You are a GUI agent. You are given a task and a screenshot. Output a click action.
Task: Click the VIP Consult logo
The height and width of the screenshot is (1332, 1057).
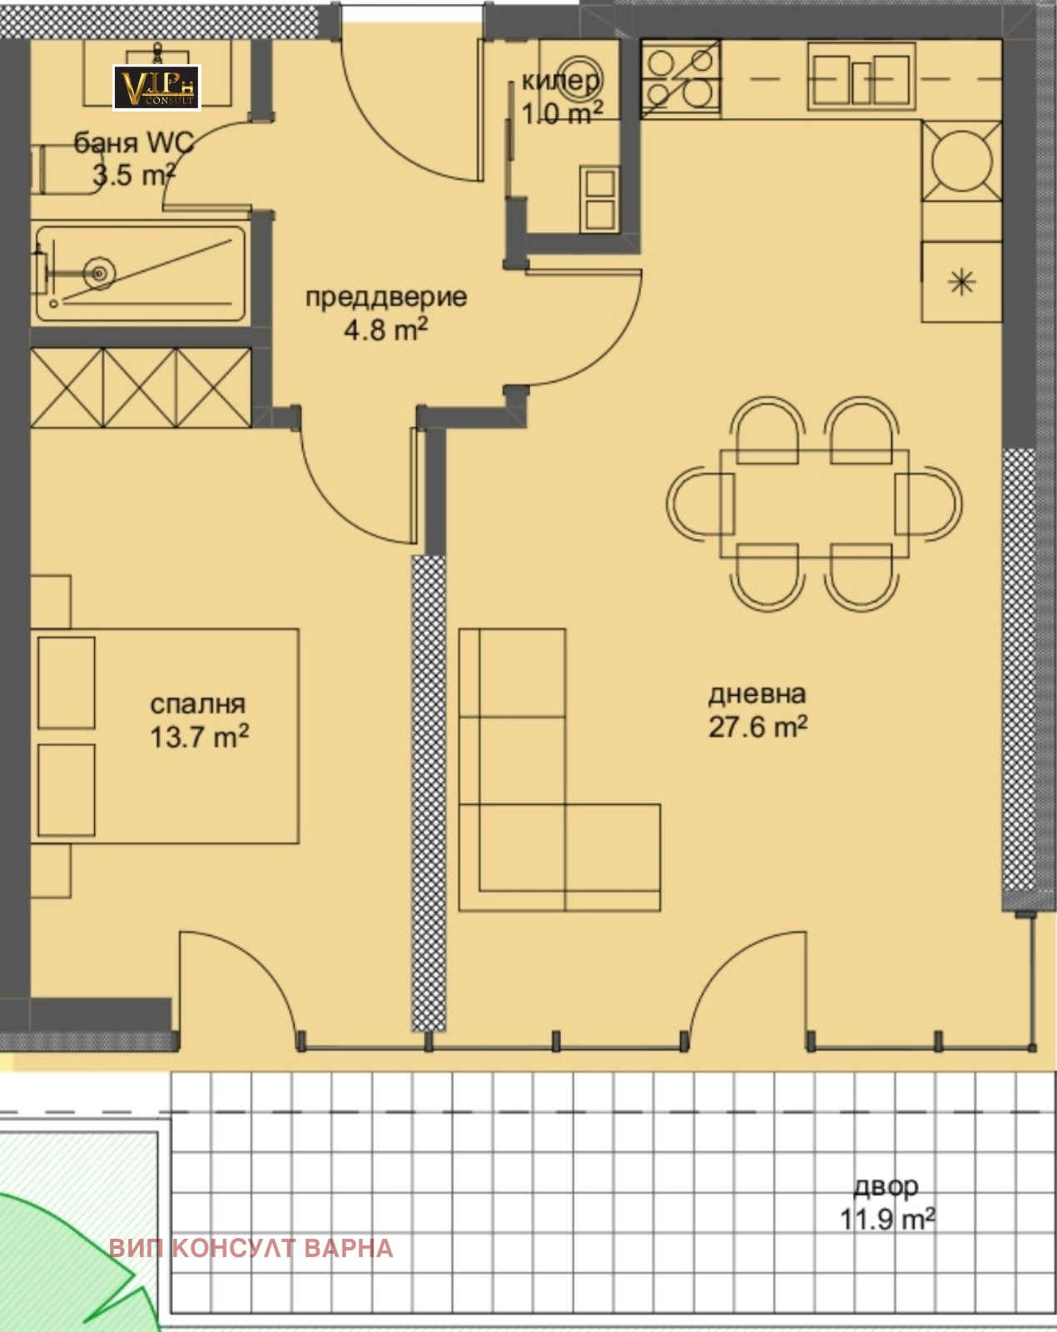click(x=156, y=88)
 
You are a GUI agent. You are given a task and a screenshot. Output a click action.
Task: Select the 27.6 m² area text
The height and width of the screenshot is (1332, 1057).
click(x=758, y=727)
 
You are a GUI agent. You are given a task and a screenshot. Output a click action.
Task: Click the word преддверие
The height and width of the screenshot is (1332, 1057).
click(x=386, y=298)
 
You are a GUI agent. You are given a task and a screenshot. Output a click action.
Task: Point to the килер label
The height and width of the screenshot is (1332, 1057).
click(x=561, y=81)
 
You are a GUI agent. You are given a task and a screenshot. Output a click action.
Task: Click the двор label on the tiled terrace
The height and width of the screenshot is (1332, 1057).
click(x=886, y=1186)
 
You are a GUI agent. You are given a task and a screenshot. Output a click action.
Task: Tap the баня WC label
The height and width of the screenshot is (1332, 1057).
click(x=134, y=143)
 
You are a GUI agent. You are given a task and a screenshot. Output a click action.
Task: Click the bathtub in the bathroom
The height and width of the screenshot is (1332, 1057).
click(x=141, y=274)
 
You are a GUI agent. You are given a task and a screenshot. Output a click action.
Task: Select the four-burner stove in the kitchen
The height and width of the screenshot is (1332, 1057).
click(x=681, y=79)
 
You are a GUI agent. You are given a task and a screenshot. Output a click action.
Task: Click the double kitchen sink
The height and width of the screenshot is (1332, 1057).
click(x=861, y=78)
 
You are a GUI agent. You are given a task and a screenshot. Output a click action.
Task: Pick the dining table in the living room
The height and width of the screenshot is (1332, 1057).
click(x=815, y=504)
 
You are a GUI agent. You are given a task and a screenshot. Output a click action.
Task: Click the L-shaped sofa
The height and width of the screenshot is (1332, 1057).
click(x=559, y=771)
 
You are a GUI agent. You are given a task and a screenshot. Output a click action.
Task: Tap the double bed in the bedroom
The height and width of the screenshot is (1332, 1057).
click(x=166, y=737)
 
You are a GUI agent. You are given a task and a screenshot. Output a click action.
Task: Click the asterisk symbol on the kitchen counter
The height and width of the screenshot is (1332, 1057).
click(x=961, y=282)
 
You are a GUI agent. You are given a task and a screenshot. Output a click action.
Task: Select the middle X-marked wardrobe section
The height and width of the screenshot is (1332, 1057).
click(x=141, y=388)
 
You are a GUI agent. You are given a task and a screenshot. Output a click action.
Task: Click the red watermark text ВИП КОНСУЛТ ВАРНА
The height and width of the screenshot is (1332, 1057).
click(x=251, y=1249)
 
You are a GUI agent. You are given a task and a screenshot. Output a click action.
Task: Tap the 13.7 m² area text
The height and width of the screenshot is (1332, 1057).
click(x=199, y=737)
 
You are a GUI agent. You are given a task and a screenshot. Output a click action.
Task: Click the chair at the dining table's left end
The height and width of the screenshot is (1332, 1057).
click(x=701, y=503)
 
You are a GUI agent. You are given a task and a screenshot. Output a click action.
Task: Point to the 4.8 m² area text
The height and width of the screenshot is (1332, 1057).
click(x=386, y=330)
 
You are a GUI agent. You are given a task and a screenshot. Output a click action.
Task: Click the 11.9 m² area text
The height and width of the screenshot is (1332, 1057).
click(x=887, y=1220)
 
